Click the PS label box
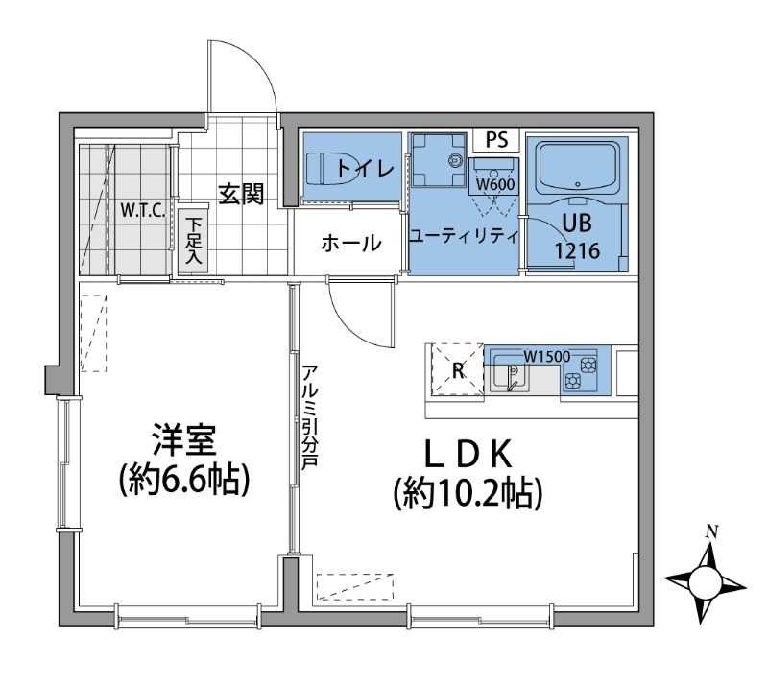(496, 140)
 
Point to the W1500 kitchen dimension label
(546, 356)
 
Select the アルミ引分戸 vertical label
(310, 415)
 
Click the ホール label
(350, 244)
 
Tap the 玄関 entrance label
(240, 195)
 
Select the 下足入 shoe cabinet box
(192, 241)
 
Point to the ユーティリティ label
(463, 235)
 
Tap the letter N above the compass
(711, 531)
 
